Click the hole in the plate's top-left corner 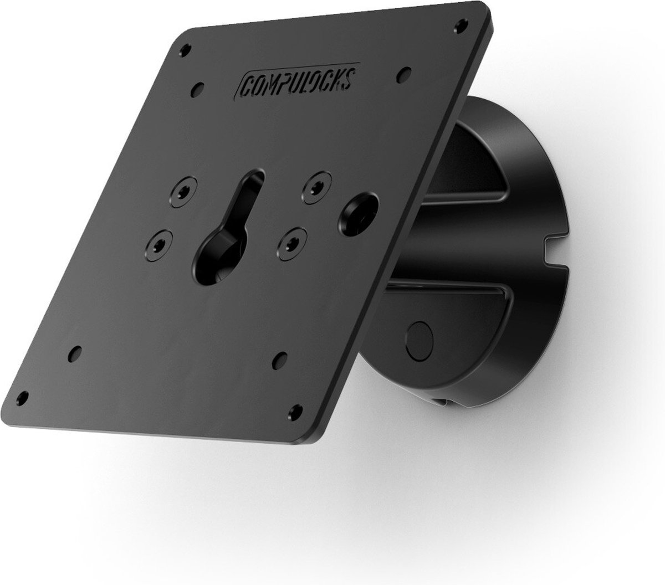pyautogui.click(x=186, y=50)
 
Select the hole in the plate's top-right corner pyautogui.click(x=461, y=26)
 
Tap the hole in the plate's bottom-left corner pyautogui.click(x=22, y=398)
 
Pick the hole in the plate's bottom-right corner pyautogui.click(x=295, y=412)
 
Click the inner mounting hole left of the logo pyautogui.click(x=197, y=90)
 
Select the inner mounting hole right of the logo pyautogui.click(x=404, y=75)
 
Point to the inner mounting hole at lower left pyautogui.click(x=75, y=354)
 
